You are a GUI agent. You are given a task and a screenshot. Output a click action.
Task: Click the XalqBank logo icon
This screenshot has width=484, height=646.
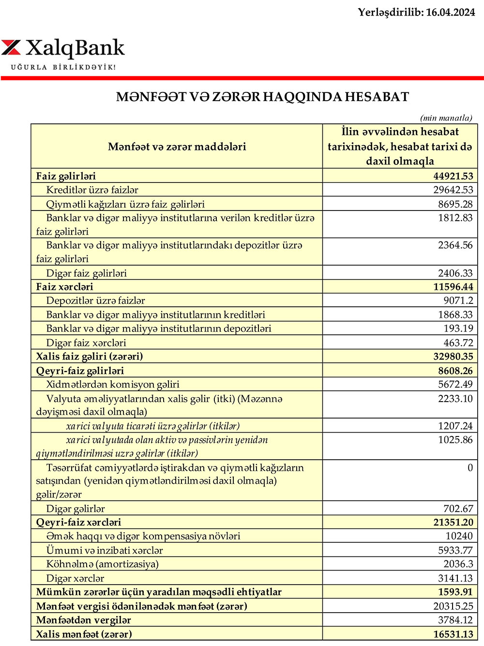[x=12, y=47]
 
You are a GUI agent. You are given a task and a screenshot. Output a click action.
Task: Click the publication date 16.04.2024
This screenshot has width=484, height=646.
[x=450, y=12]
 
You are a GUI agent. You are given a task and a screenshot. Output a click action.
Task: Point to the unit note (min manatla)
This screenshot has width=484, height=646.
[x=446, y=118]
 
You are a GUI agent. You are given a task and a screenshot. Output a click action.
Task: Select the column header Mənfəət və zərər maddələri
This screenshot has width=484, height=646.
[x=177, y=147]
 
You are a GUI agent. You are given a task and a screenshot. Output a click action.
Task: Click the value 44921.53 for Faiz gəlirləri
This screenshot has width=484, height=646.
[x=453, y=176]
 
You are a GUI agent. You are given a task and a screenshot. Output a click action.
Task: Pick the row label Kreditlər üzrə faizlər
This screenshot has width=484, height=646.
[x=92, y=190]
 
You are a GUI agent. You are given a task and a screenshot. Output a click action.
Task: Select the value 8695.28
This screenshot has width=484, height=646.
[x=455, y=204]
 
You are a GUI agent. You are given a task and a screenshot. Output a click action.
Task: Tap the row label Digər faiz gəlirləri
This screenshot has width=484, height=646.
[x=86, y=273]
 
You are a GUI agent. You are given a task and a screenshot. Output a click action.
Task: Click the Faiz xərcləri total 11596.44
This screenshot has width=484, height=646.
[x=453, y=286]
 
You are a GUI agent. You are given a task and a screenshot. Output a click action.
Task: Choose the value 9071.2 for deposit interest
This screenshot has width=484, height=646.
[x=458, y=300]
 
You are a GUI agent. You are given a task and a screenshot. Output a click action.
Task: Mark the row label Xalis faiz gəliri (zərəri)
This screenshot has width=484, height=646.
[x=89, y=356]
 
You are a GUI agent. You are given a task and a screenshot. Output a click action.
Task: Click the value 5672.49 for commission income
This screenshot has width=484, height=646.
[x=455, y=384]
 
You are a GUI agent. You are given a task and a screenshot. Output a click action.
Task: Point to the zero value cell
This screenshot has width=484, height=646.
[x=470, y=467]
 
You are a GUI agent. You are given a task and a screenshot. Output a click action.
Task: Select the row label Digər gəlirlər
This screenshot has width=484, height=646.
[x=76, y=509]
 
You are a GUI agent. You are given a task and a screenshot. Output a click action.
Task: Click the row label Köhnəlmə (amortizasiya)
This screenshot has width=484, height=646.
[x=102, y=564]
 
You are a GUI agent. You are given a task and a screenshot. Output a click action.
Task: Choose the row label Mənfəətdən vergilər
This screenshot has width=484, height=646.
[x=83, y=620]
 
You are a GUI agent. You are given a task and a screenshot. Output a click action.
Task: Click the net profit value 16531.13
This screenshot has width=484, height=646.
[x=453, y=634]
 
